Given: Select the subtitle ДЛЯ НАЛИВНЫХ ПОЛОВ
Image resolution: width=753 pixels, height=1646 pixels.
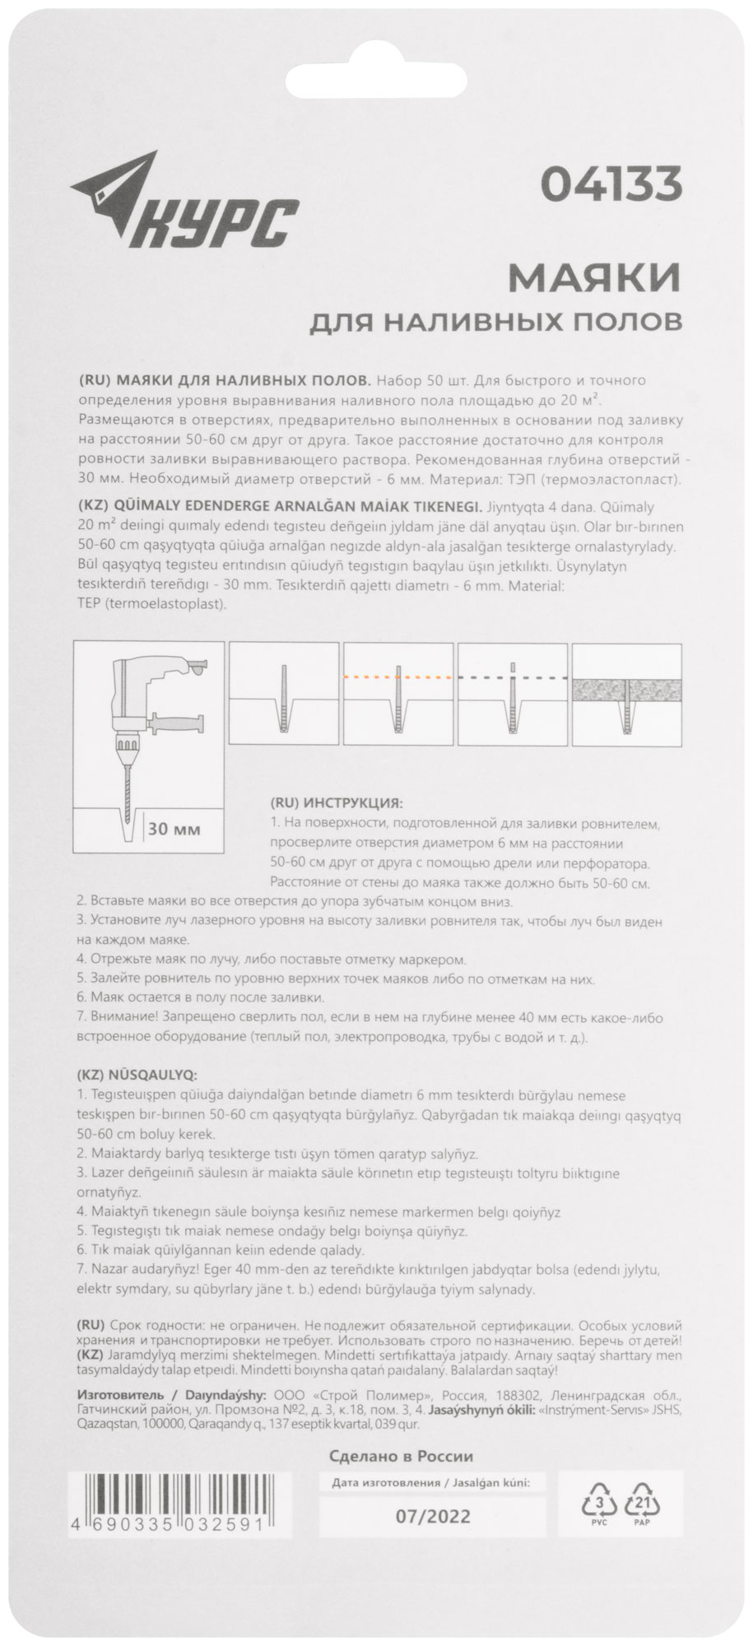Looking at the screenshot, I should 495,320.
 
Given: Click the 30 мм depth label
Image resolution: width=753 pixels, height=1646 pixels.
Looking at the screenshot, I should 174,829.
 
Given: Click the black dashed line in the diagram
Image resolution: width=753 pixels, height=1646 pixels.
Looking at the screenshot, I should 513,677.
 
